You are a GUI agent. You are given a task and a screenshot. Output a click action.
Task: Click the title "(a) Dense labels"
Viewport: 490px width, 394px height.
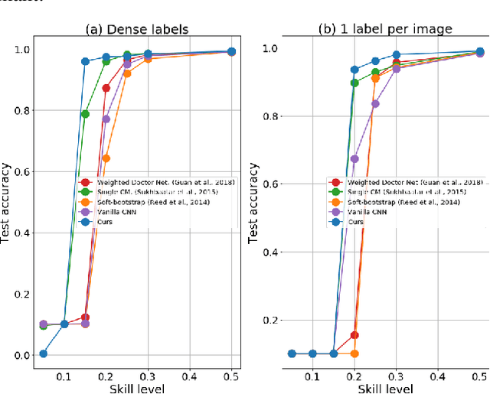136,31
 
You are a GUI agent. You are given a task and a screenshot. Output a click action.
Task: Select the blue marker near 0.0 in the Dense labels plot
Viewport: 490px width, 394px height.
44,353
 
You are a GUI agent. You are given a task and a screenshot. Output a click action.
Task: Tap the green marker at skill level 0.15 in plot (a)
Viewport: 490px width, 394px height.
85,114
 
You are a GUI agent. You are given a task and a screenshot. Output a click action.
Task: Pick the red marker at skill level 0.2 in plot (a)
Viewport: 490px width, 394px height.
106,88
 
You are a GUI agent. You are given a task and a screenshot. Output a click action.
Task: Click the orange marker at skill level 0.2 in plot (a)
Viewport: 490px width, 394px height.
106,158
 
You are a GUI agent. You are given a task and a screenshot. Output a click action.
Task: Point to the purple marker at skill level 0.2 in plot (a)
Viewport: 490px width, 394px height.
106,119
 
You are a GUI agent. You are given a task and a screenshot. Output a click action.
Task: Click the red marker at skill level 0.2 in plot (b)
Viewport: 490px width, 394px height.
354,335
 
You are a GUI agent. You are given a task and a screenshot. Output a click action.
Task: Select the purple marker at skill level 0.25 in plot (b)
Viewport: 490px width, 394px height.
375,103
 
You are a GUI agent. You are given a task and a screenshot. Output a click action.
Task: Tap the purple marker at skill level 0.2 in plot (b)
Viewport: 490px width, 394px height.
354,159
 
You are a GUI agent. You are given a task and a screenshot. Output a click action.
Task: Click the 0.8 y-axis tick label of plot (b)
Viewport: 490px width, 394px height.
269,116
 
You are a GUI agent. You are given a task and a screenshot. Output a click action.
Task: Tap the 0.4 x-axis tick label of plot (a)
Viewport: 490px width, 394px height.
190,377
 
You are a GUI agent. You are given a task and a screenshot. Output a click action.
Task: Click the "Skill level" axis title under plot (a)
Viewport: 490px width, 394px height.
135,387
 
